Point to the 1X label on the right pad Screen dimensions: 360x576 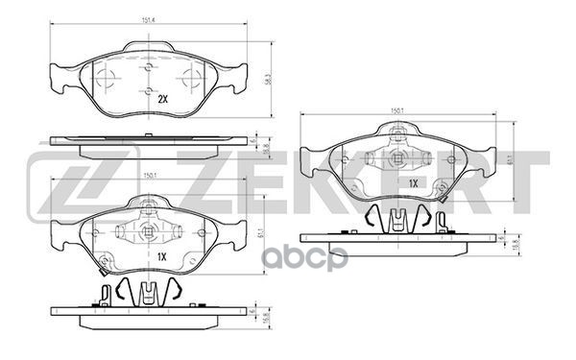pyautogui.click(x=414, y=182)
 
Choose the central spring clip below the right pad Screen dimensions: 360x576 pyautogui.click(x=396, y=218)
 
